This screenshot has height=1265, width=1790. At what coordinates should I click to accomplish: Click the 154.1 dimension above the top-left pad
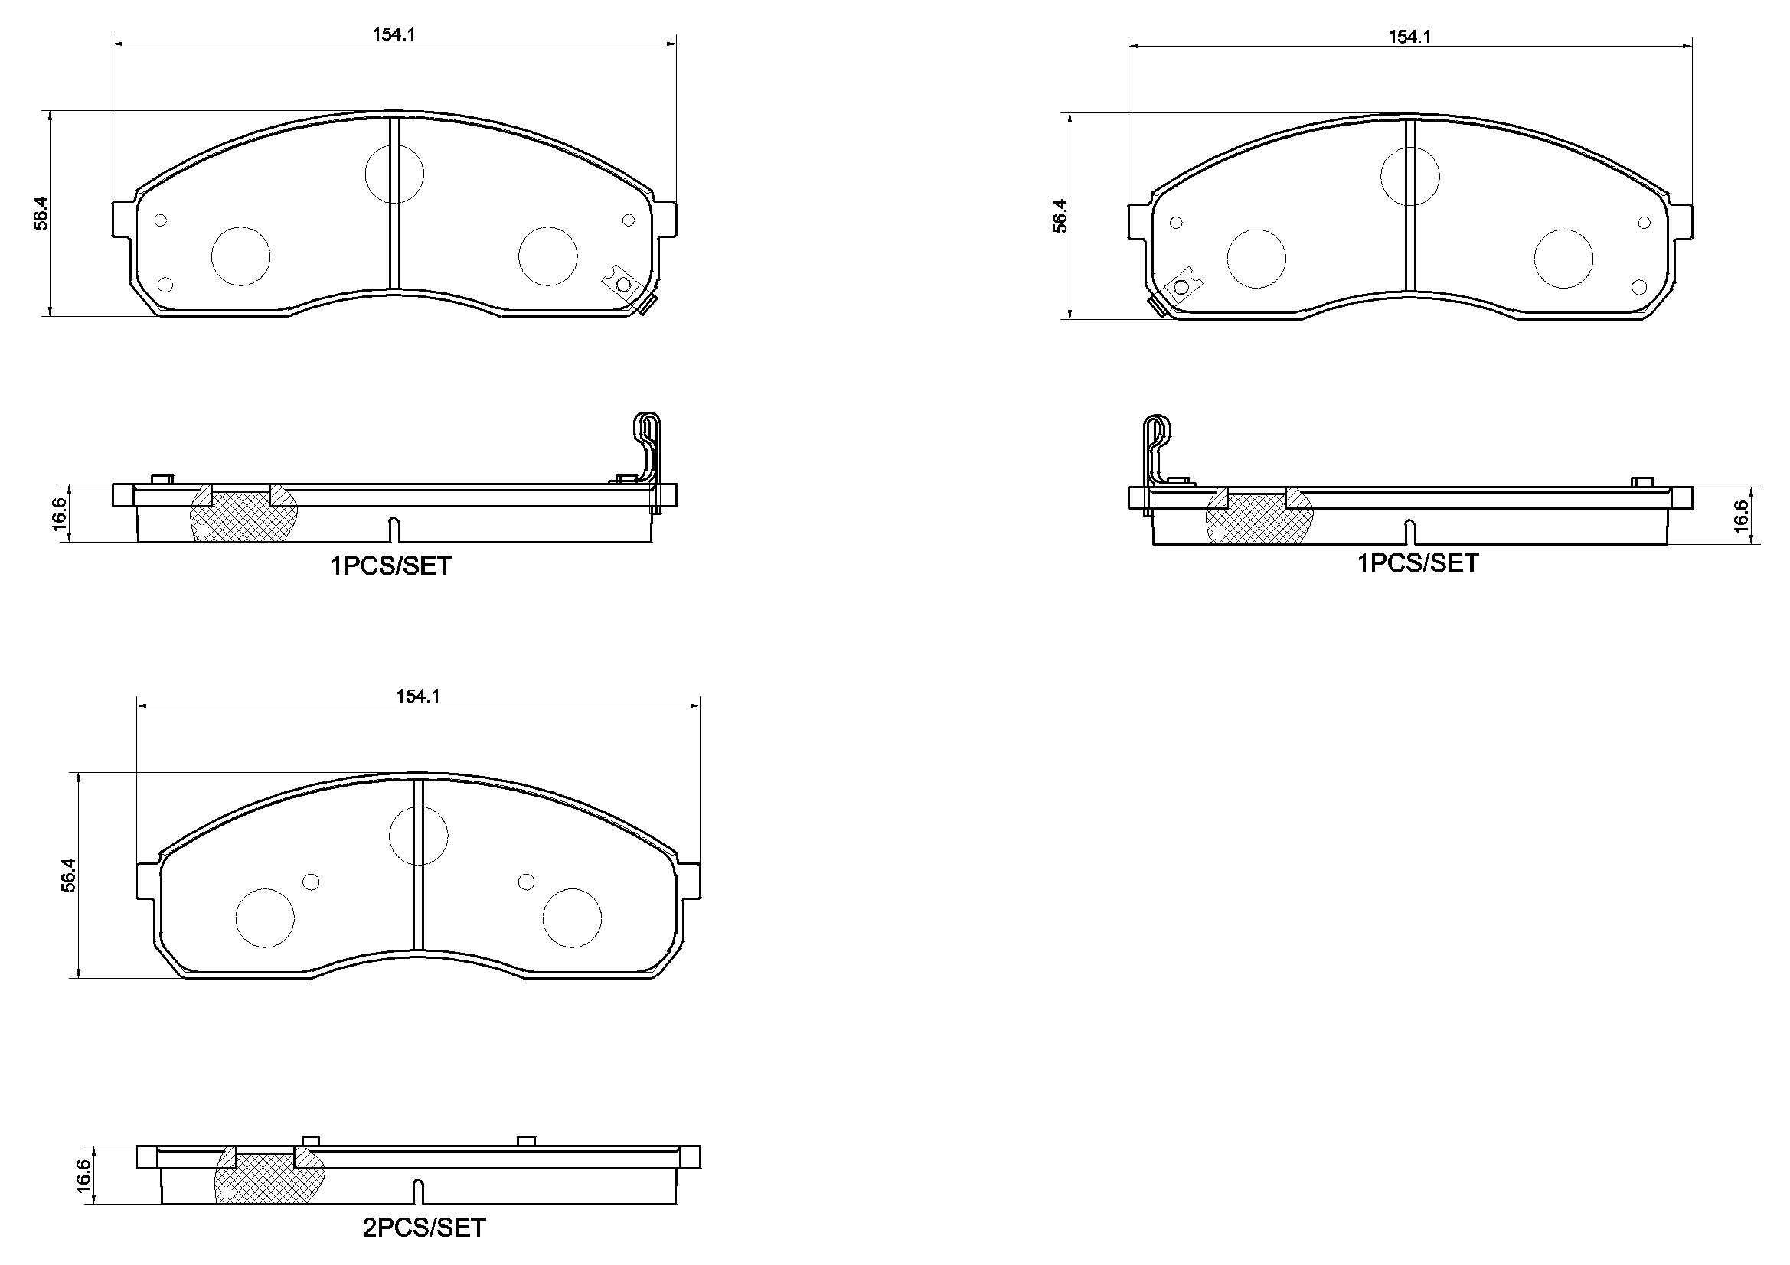393,34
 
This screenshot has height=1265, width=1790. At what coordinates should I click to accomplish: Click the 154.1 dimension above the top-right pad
1409,37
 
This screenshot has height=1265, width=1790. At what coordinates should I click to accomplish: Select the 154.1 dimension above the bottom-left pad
418,696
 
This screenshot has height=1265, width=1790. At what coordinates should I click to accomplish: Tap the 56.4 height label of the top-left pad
41,213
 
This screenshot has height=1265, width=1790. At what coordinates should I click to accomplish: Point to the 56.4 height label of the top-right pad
1060,216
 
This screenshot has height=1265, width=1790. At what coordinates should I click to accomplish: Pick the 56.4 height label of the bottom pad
69,875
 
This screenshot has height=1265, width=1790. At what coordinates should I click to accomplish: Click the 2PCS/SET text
423,1228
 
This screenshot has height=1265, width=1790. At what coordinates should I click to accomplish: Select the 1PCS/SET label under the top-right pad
1416,562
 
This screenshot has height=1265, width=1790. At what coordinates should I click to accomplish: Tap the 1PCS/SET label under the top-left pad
390,566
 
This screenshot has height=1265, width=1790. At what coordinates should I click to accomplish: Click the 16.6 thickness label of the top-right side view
1742,516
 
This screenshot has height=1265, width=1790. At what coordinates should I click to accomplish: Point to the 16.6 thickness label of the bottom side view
84,1175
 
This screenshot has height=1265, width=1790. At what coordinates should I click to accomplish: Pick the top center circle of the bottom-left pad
418,836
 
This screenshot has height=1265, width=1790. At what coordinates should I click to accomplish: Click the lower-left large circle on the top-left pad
241,256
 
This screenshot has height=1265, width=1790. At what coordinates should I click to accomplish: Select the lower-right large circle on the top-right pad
1563,259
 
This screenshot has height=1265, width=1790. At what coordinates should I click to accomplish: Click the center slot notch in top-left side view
394,530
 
